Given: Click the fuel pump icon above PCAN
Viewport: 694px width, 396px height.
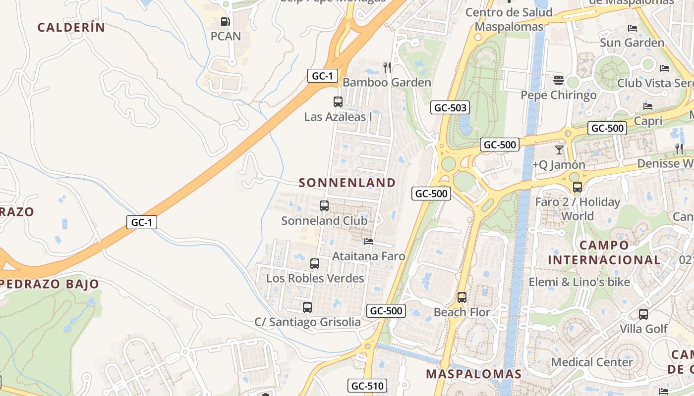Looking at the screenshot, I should tap(225, 22).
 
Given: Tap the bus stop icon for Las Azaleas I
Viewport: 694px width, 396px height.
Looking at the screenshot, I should tap(338, 102).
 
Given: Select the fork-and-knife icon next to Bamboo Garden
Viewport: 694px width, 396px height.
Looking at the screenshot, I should tap(387, 67).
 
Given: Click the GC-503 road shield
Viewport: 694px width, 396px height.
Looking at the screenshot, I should tap(450, 107).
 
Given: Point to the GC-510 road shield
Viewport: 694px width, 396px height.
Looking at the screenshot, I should tap(367, 386).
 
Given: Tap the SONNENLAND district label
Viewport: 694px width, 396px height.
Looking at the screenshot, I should tap(347, 183).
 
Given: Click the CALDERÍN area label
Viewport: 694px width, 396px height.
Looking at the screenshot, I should tap(71, 27).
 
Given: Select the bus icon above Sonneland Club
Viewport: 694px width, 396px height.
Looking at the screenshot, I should tap(324, 206).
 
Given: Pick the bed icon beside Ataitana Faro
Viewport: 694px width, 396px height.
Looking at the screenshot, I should tap(369, 242).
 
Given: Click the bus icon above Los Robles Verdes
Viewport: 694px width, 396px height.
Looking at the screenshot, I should tap(315, 264).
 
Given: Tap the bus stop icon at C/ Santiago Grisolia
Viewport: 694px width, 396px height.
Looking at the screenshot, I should tap(307, 307).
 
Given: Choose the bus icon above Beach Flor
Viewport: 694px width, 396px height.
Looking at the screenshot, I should tap(462, 297).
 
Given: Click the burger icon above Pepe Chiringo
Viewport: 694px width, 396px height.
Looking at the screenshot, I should tap(559, 80).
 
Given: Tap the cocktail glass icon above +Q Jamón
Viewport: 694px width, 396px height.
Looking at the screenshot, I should tap(559, 149).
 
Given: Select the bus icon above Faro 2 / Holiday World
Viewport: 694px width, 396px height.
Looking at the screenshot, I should tap(578, 187).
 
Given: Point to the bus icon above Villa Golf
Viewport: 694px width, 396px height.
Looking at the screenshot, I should tap(643, 314).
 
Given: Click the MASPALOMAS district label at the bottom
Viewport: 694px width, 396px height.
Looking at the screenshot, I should tap(474, 374).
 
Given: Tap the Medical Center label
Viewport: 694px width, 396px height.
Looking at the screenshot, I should tap(592, 362).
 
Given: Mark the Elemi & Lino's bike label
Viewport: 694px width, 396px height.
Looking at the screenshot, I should tap(579, 282).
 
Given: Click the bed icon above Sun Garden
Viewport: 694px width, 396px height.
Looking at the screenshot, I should tap(633, 28).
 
